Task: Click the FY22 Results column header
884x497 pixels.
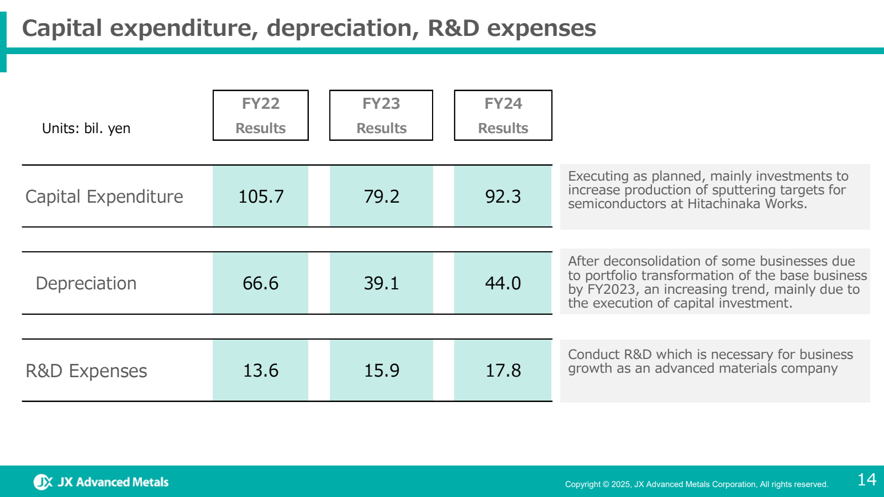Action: coord(260,115)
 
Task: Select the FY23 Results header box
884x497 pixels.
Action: coord(381,115)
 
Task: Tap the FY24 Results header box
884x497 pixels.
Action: coord(503,115)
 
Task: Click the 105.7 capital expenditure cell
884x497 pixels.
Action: coord(261,197)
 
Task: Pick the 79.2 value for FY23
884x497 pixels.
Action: coord(381,197)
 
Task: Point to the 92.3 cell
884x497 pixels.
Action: coord(503,197)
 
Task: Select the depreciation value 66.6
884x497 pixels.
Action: coord(261,283)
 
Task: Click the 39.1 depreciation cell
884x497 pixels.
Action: coord(381,283)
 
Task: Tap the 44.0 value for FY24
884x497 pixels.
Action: coord(503,283)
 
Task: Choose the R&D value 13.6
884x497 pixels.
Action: coord(261,371)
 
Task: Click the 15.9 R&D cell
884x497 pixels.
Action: coord(381,371)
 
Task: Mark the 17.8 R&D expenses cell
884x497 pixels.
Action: coord(503,371)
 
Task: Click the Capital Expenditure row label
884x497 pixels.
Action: coord(104,197)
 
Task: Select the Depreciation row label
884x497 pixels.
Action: coord(86,283)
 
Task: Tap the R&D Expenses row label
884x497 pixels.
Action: coord(86,371)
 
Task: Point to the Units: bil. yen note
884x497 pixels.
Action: coord(86,129)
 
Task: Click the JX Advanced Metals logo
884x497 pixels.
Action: coord(101,482)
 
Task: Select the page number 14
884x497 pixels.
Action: coord(866,479)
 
